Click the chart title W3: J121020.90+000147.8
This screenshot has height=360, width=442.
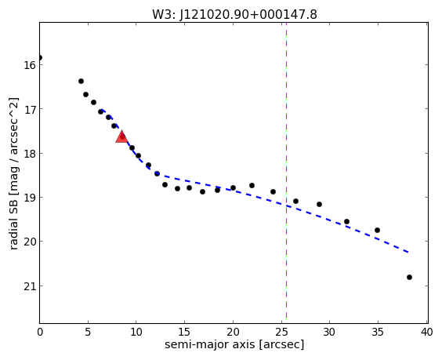coord(234,14)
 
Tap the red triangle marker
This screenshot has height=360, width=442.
coord(121,136)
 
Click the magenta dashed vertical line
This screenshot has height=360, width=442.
coord(286,173)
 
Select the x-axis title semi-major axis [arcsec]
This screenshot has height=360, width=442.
coord(234,344)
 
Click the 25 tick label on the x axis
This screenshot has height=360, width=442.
coord(281,332)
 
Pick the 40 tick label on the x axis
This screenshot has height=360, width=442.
coord(426,332)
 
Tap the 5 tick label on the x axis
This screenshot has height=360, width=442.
coord(88,332)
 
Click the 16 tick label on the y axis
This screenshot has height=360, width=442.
coord(30,65)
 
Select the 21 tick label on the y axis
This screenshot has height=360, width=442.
coord(30,286)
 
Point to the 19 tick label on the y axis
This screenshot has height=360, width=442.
coord(30,198)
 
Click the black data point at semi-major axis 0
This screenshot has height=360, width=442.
coord(40,57)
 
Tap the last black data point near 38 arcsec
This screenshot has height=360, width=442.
coord(409,277)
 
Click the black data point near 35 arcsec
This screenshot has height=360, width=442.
coord(377,230)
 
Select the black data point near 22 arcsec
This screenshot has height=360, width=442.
coord(252,185)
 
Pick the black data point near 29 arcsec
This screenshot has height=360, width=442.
coord(319,204)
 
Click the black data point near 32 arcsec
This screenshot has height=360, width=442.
coord(346,221)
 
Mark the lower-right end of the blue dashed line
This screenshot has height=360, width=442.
coord(408,252)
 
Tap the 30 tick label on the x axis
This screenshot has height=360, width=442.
coord(329,332)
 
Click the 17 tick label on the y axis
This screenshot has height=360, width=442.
coord(30,109)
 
